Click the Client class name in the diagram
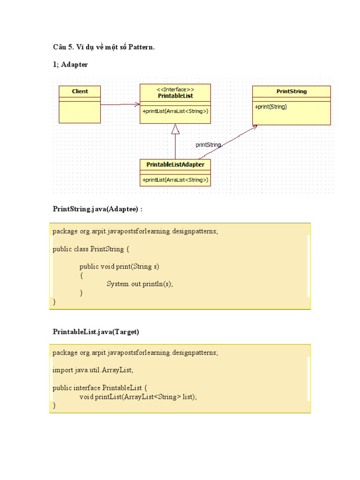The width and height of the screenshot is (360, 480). click(80, 91)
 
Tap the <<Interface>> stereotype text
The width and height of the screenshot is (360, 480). click(175, 89)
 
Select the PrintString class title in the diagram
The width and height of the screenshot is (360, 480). click(292, 91)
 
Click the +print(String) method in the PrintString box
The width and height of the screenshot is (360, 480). click(271, 106)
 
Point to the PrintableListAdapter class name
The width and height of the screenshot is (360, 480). click(175, 165)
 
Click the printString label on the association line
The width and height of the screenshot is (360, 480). click(208, 145)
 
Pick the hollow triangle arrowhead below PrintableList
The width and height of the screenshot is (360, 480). click(175, 129)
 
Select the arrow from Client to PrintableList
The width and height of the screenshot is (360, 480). click(120, 105)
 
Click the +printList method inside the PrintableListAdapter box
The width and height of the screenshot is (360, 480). click(175, 180)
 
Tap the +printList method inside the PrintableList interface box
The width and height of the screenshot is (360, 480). click(175, 111)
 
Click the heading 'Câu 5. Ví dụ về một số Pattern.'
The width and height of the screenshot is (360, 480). click(104, 47)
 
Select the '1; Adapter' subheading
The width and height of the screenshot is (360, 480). click(70, 65)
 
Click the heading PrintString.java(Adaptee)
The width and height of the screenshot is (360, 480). click(97, 209)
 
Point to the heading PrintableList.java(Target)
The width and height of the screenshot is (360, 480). click(96, 331)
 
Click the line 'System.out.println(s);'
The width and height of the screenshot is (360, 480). click(143, 284)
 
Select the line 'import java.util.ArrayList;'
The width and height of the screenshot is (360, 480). click(93, 370)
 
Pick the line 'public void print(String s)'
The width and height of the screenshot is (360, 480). click(120, 266)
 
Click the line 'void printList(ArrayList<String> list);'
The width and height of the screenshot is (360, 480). click(138, 397)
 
